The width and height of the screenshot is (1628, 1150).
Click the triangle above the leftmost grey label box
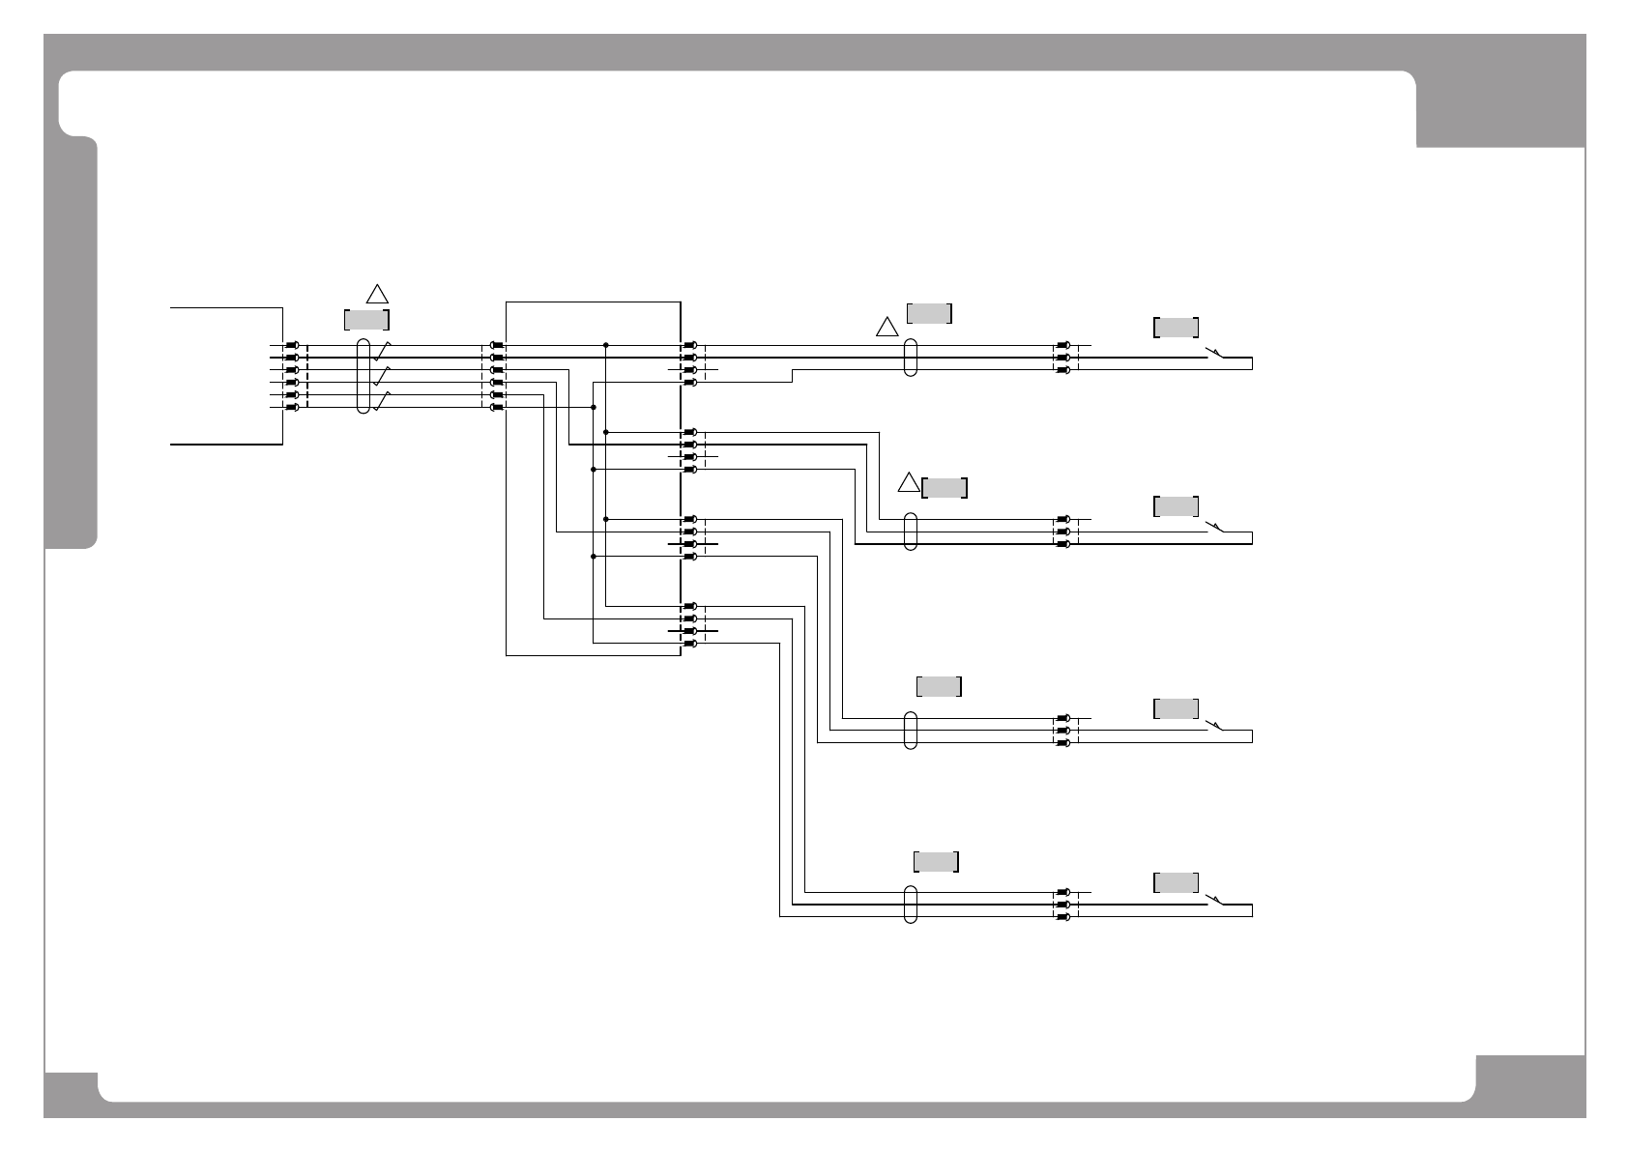click(377, 293)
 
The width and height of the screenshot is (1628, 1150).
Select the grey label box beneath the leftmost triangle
click(367, 320)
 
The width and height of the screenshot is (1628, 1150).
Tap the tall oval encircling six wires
click(363, 376)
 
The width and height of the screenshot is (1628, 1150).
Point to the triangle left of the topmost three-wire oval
click(887, 328)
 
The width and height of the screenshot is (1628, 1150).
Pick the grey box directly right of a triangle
click(945, 488)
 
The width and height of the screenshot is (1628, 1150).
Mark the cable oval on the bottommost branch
click(910, 904)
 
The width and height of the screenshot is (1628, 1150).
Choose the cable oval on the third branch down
click(910, 730)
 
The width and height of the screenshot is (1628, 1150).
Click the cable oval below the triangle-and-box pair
click(910, 532)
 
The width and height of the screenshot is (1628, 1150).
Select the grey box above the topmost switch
click(1177, 328)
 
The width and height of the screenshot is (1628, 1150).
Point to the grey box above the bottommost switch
click(1177, 882)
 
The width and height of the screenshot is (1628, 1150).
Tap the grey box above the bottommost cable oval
click(936, 861)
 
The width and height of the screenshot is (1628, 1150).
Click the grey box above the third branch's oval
click(939, 687)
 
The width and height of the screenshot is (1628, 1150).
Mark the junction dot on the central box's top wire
click(605, 345)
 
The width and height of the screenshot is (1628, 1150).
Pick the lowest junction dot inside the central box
click(593, 557)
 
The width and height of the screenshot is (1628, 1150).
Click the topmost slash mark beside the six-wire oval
click(383, 349)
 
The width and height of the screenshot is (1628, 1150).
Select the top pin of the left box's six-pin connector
click(291, 345)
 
